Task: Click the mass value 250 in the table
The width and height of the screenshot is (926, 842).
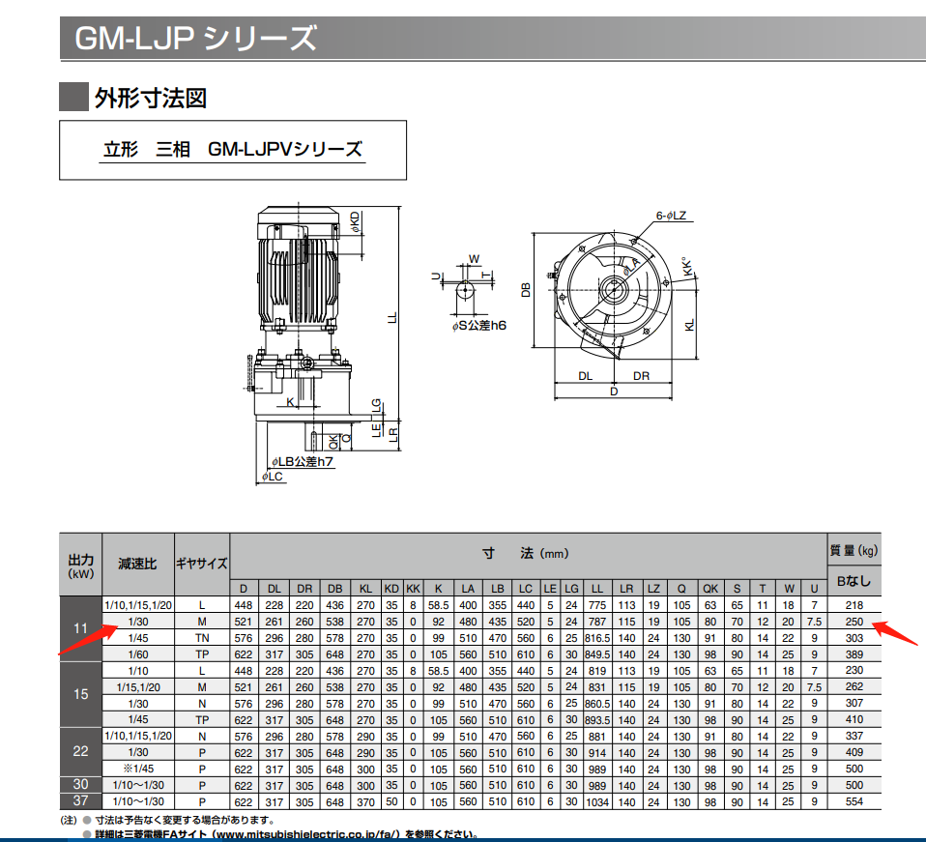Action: point(853,622)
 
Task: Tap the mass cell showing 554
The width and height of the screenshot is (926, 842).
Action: point(853,801)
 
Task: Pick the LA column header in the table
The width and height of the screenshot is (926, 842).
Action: point(467,588)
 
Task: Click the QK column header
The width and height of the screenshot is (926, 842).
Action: point(710,588)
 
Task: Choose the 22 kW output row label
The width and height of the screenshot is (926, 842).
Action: point(80,751)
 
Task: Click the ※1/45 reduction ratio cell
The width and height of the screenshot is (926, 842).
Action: point(132,769)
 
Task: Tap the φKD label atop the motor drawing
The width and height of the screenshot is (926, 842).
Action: point(356,223)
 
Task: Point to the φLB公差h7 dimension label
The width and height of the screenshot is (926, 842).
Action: point(302,462)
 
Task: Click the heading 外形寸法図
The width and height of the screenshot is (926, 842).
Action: point(150,98)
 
